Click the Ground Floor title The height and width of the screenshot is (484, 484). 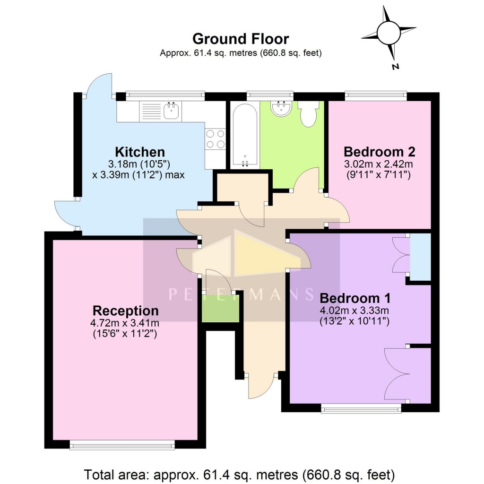point(241,38)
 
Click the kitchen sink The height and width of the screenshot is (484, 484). point(170,111)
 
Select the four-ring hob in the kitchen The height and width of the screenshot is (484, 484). point(215,138)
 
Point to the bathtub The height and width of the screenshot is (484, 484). point(244,134)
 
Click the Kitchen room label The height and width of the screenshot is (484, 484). point(140,152)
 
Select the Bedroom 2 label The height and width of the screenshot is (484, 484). point(380,152)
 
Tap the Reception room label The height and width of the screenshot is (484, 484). point(126,311)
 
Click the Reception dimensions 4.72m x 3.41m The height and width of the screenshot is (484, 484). point(126,324)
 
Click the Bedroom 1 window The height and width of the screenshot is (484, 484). point(361,408)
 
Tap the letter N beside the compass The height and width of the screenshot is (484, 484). point(396,67)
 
